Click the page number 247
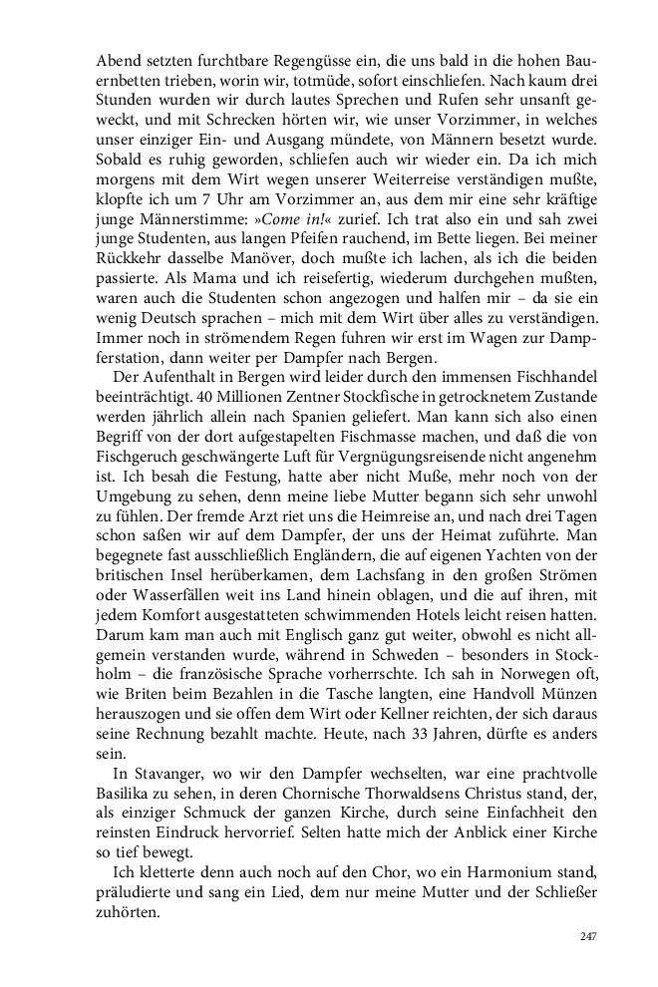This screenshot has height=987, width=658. (588, 936)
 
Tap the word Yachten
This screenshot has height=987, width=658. (527, 569)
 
